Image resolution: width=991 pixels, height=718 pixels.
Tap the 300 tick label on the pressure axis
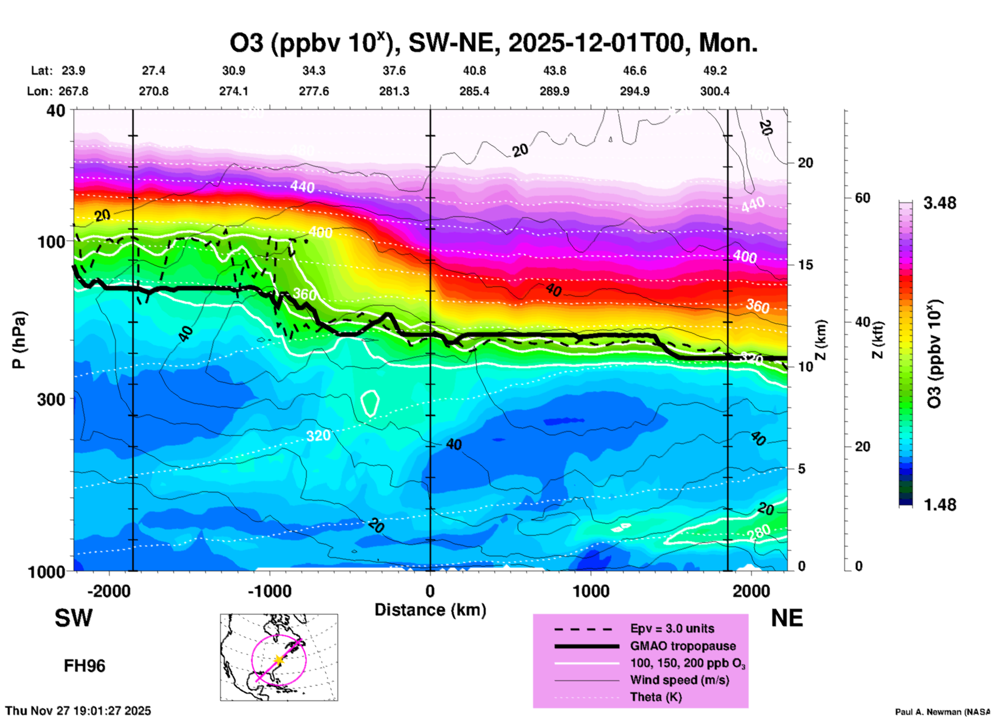[x=51, y=399]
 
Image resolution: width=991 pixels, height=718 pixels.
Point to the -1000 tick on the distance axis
[x=269, y=591]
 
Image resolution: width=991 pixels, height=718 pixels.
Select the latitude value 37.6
[x=394, y=71]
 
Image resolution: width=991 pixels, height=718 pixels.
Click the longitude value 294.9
[x=634, y=91]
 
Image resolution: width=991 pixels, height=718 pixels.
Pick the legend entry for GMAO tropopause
[x=683, y=646]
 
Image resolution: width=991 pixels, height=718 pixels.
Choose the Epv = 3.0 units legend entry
[x=672, y=628]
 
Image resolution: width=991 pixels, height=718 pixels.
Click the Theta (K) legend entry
[x=656, y=697]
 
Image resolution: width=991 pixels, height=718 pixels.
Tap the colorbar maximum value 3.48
[x=940, y=203]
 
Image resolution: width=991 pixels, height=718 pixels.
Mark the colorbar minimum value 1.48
[x=940, y=504]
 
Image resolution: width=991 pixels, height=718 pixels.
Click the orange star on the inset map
[x=278, y=660]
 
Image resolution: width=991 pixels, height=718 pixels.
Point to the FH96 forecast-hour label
[x=84, y=666]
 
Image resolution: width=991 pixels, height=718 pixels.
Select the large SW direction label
[x=74, y=618]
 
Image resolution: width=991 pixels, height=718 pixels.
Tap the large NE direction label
[x=786, y=618]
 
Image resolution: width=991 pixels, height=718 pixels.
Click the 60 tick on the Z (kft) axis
[x=862, y=198]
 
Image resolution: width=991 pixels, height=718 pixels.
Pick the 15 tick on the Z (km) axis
[x=805, y=265]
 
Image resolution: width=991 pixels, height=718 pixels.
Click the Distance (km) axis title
[x=430, y=610]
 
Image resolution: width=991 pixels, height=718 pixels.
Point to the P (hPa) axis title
[x=19, y=340]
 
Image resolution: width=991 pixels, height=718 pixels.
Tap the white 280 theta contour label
[x=759, y=532]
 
